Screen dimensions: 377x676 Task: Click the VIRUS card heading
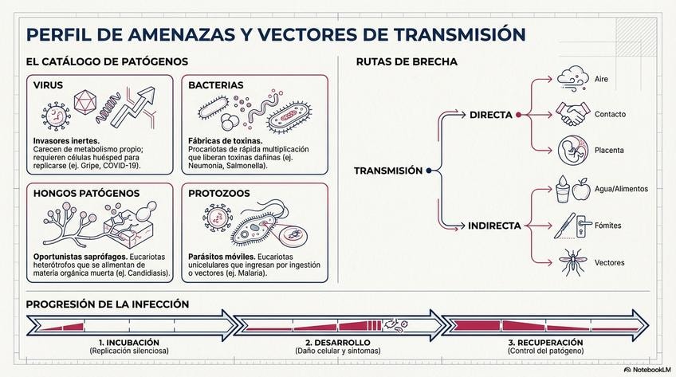coord(47,84)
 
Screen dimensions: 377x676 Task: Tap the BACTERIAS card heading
coord(210,84)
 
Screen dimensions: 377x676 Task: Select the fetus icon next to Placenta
coord(572,149)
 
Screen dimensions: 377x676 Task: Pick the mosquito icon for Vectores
coord(570,261)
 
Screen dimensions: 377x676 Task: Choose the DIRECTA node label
coord(490,115)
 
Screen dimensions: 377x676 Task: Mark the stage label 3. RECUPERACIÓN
coord(545,342)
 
